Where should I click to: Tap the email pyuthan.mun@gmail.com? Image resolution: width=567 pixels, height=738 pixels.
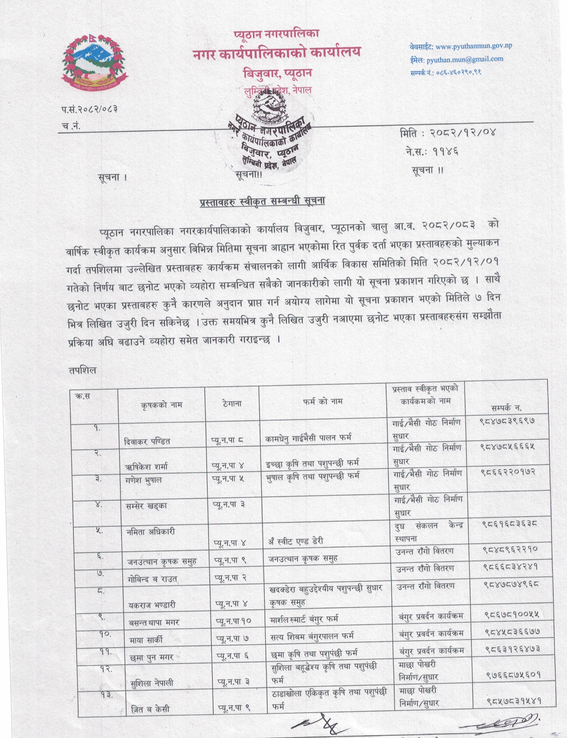(x=464, y=59)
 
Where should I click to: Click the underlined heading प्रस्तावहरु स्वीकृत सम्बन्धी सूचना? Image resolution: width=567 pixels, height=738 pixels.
(x=262, y=200)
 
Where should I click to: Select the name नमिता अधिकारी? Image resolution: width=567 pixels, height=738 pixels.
(x=152, y=532)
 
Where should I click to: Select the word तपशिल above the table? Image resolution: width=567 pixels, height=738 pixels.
(x=82, y=370)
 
